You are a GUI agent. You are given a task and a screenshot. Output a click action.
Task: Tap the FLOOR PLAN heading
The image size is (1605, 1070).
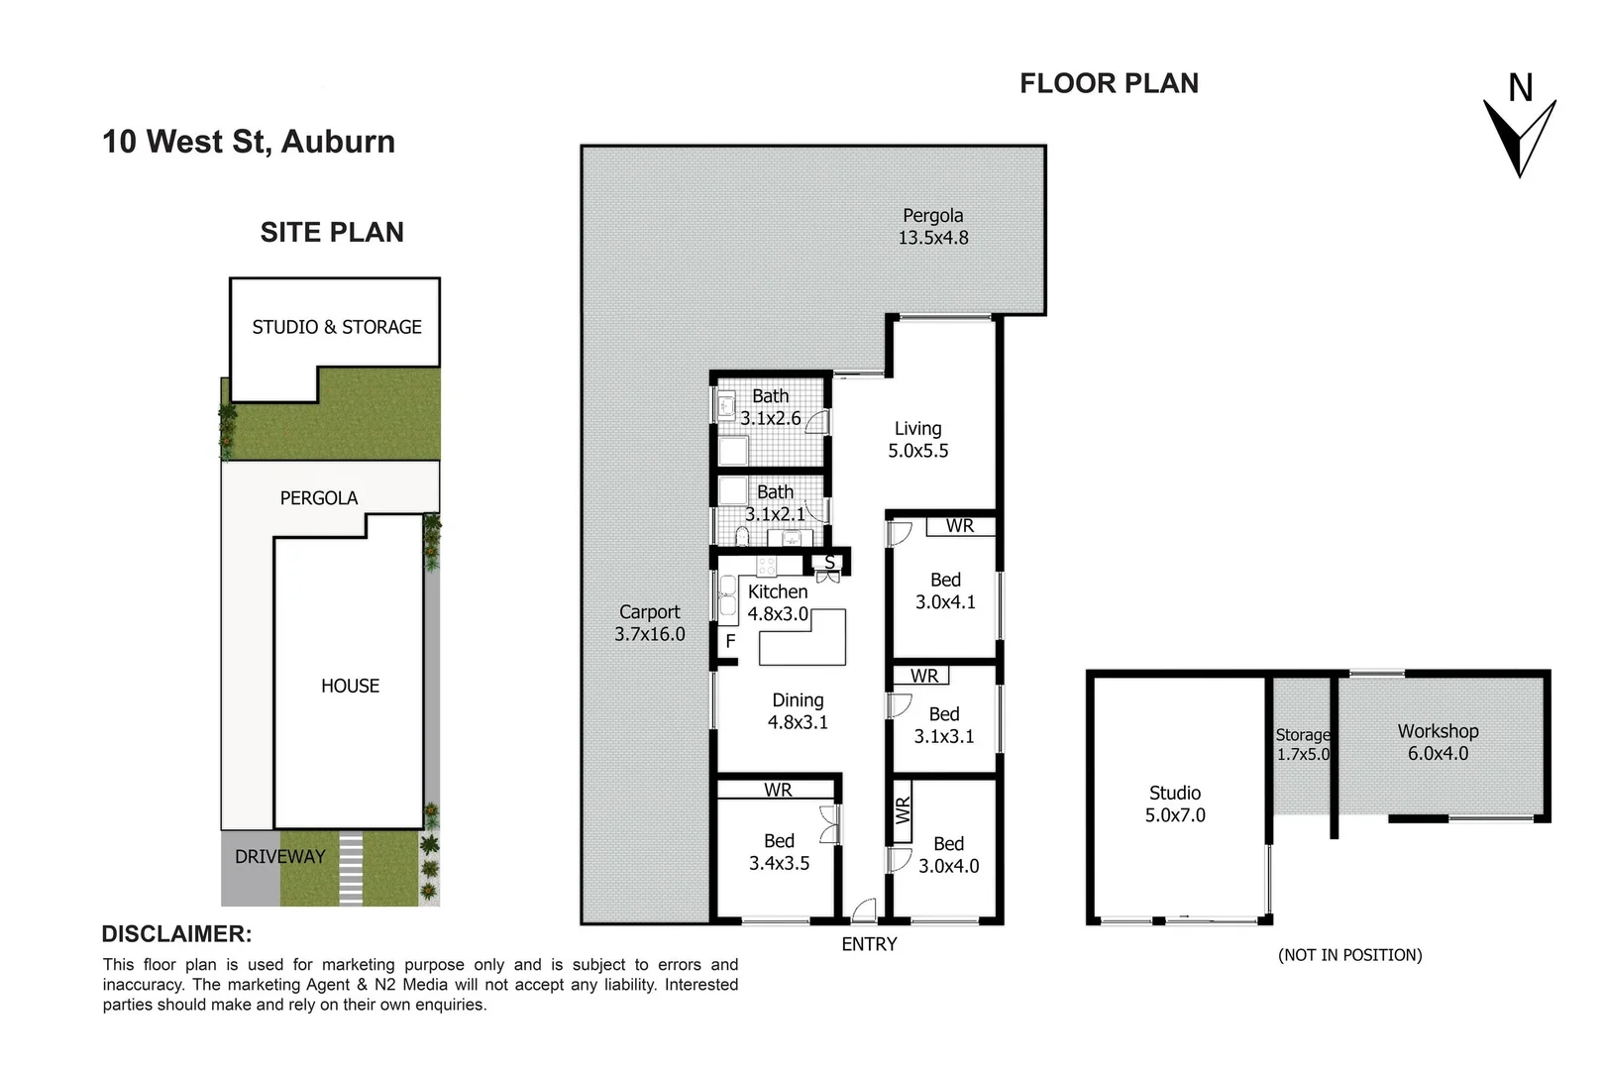click(x=1109, y=84)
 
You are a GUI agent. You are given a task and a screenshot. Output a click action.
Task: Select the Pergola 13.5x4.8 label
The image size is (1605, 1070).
click(x=932, y=227)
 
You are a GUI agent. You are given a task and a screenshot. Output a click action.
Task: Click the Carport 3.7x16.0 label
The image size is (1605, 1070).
click(x=649, y=623)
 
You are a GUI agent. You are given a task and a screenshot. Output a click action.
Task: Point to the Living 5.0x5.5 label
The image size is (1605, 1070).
click(x=917, y=440)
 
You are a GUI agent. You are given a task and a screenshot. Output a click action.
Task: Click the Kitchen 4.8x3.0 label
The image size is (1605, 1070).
click(x=778, y=602)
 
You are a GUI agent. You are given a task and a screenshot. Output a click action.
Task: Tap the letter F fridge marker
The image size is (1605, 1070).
click(x=730, y=641)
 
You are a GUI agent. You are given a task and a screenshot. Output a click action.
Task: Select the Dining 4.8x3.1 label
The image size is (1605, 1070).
click(x=798, y=711)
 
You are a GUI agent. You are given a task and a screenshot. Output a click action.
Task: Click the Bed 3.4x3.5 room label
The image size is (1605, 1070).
click(x=779, y=852)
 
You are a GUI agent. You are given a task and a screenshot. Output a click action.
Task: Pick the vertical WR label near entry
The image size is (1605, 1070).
click(x=903, y=810)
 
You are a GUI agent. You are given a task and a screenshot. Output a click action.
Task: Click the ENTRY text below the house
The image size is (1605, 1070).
click(x=869, y=944)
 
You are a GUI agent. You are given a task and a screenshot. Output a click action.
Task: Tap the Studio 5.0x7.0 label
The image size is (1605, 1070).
click(x=1175, y=803)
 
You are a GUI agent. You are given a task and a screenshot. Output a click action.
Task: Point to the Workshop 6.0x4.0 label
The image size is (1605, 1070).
click(x=1438, y=742)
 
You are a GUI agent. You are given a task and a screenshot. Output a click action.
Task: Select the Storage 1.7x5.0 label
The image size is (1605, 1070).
click(x=1303, y=744)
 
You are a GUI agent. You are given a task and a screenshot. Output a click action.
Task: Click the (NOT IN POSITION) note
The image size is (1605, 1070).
click(x=1349, y=955)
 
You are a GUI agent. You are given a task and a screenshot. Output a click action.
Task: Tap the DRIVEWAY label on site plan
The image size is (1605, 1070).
click(x=279, y=857)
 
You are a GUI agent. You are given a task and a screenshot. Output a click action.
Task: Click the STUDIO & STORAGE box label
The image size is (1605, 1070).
click(x=336, y=327)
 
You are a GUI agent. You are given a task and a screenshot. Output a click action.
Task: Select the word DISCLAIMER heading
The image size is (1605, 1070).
click(x=176, y=934)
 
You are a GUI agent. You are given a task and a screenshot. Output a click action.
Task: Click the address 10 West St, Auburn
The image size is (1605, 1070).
click(x=249, y=142)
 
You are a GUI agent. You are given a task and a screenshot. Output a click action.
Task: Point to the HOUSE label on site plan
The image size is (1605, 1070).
click(x=350, y=686)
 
